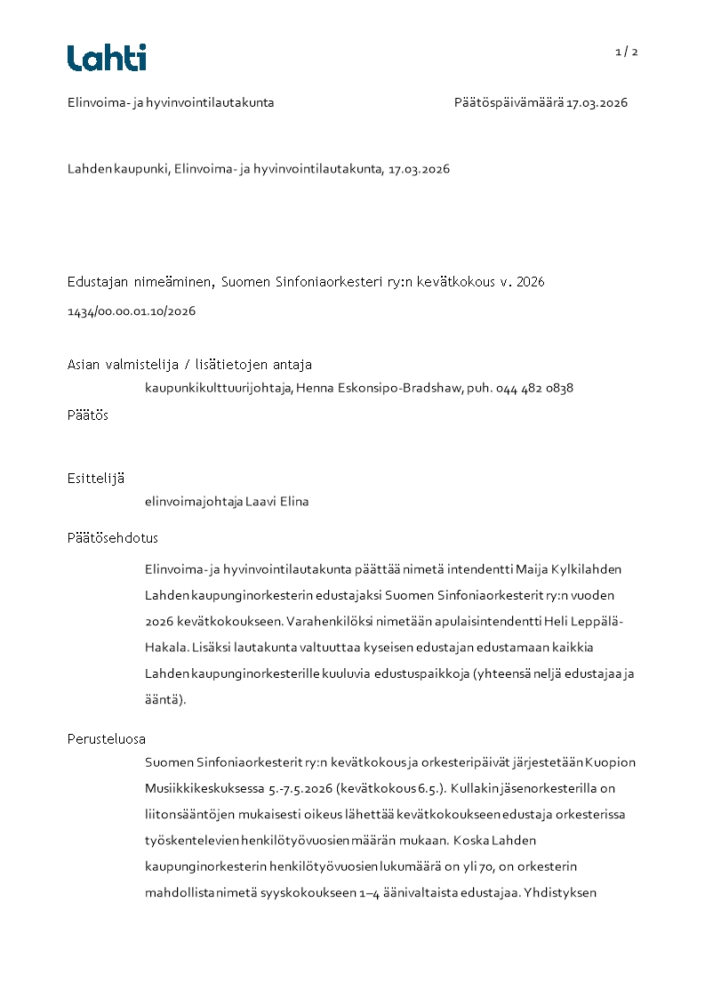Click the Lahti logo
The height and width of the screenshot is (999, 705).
pyautogui.click(x=107, y=58)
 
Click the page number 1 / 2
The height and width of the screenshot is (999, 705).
pyautogui.click(x=627, y=52)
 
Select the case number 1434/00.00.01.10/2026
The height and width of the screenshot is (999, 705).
pyautogui.click(x=132, y=311)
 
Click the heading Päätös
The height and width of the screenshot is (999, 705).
pyautogui.click(x=88, y=415)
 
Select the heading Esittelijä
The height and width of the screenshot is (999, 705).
pyautogui.click(x=96, y=478)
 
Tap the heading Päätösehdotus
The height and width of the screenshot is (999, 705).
pyautogui.click(x=113, y=538)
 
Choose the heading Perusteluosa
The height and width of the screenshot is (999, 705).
pyautogui.click(x=107, y=738)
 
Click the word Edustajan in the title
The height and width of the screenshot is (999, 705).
pyautogui.click(x=95, y=282)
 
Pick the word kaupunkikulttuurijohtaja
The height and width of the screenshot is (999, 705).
pyautogui.click(x=218, y=388)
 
